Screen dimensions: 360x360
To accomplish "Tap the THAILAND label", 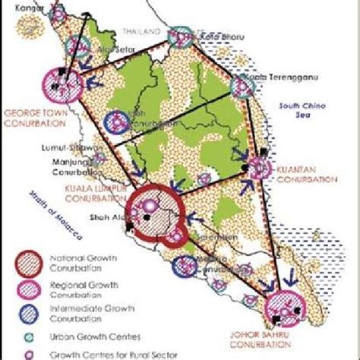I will pyautogui.click(x=142, y=32).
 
